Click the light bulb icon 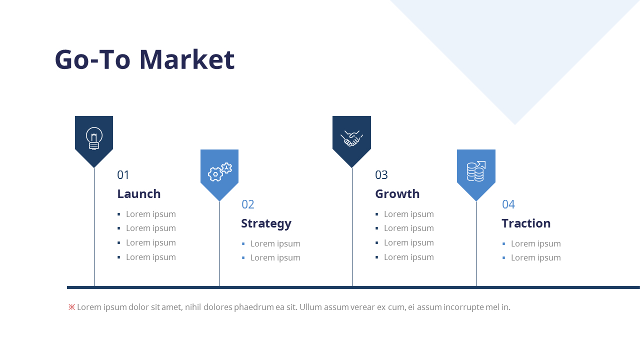(94, 138)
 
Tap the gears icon (219, 171)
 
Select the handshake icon (351, 138)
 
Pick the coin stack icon (476, 171)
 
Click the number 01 (123, 175)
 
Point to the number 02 (248, 204)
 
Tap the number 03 (381, 175)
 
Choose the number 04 (508, 204)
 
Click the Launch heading (139, 194)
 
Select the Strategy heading (266, 223)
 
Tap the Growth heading (397, 194)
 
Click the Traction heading (526, 223)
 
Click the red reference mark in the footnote (71, 307)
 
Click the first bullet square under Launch (119, 214)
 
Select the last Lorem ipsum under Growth (408, 257)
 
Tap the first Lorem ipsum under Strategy (275, 243)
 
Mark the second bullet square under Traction (504, 258)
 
